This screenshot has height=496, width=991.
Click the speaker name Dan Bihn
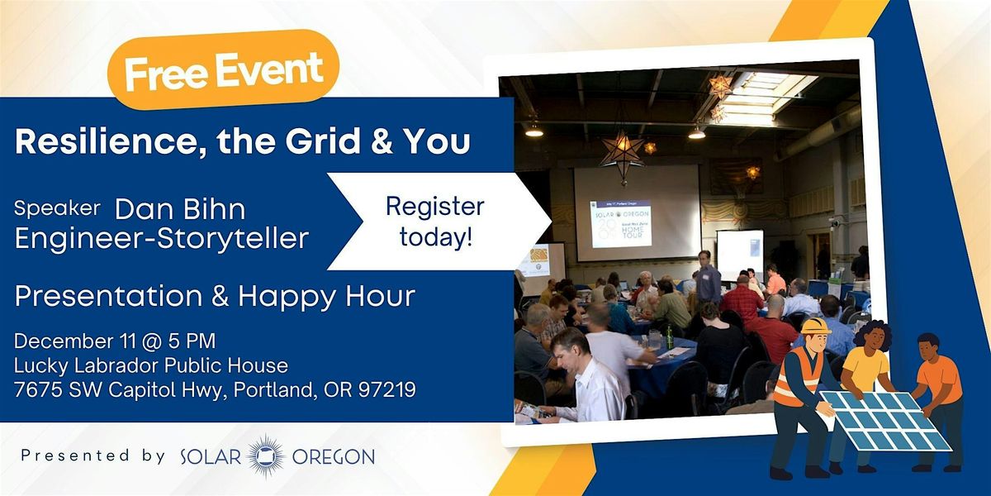coord(181,210)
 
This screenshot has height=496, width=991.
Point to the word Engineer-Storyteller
coord(161,238)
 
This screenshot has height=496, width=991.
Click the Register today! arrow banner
coord(434,222)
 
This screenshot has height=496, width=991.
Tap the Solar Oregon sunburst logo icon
coord(266,455)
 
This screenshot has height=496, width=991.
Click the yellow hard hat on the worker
coord(815,325)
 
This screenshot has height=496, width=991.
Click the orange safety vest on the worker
coord(794,375)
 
